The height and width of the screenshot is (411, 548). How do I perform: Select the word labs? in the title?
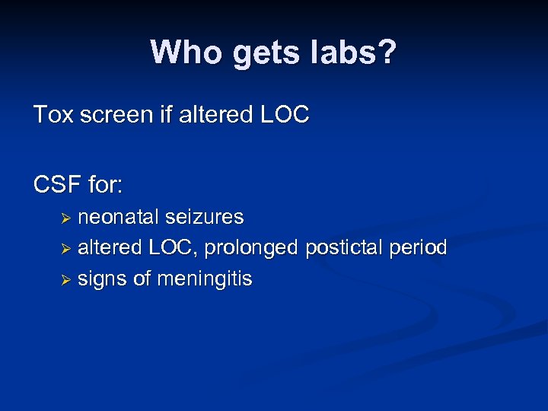click(354, 53)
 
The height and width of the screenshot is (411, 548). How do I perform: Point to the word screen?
click(113, 115)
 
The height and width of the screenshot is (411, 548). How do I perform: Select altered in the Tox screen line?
click(212, 115)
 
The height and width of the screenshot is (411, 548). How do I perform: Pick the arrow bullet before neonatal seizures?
click(66, 218)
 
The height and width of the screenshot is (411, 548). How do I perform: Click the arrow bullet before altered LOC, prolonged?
click(66, 250)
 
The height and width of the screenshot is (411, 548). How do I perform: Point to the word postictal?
click(347, 248)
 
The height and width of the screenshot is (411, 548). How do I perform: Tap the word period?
click(421, 248)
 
